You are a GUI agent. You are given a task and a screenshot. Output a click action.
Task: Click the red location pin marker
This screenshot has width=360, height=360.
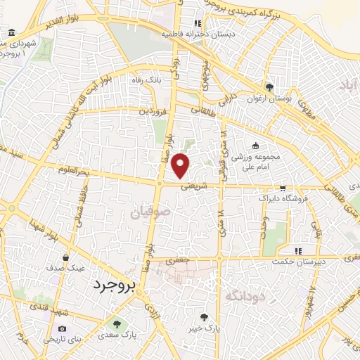181,165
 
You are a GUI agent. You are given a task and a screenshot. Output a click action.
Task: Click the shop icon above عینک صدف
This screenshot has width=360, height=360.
65,257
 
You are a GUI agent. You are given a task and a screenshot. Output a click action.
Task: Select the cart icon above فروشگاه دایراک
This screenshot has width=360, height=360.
282,188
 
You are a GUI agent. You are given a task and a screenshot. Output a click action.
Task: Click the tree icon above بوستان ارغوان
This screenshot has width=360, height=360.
269,87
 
